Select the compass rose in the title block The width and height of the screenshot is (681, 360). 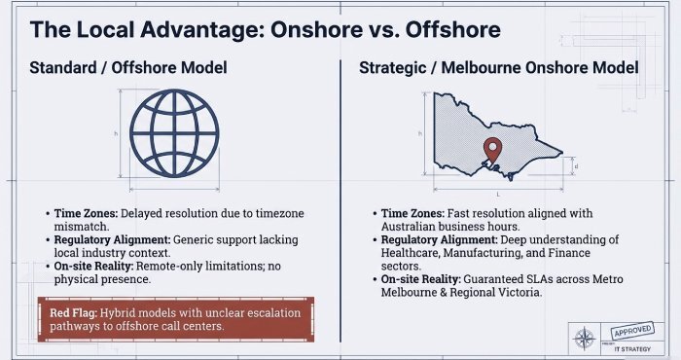586,339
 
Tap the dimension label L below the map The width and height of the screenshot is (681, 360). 498,195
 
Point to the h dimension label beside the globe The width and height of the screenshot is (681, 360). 116,133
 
